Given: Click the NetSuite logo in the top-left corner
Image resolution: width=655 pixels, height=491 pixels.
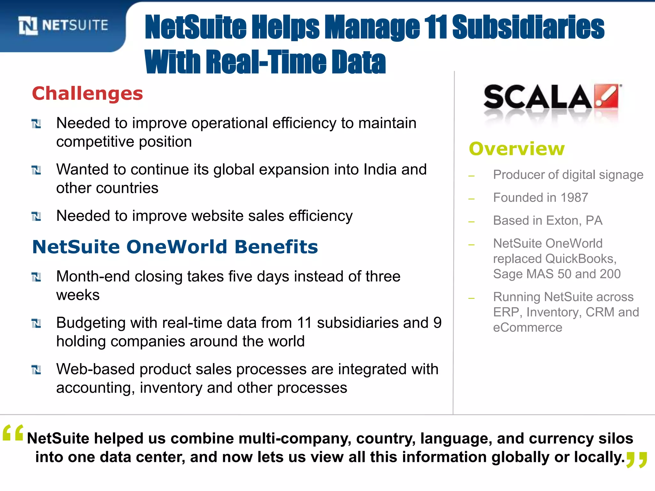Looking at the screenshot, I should [x=63, y=25].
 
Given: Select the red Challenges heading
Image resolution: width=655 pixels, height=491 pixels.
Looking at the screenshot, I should [x=87, y=94].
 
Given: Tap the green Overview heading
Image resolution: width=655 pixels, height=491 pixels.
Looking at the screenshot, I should [x=517, y=149].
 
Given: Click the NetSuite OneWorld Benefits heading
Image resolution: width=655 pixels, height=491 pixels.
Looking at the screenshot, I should [x=175, y=247].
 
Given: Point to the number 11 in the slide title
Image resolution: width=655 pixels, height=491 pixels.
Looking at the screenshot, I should [x=436, y=27].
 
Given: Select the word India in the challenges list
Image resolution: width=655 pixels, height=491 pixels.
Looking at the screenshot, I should [x=380, y=169].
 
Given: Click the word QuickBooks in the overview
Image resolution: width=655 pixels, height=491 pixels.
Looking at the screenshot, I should [x=580, y=259].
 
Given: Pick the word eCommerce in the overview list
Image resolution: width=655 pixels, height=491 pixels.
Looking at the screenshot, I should [x=527, y=328].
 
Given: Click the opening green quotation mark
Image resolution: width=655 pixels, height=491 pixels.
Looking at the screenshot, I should [x=13, y=433].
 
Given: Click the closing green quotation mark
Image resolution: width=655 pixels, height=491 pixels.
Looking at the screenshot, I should [x=636, y=460].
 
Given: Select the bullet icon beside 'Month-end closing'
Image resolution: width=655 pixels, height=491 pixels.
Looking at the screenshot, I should [x=36, y=277].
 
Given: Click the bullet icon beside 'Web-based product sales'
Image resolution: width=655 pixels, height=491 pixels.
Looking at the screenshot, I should [x=36, y=370].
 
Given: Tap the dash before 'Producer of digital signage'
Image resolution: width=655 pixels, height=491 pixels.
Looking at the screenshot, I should [x=471, y=176].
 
